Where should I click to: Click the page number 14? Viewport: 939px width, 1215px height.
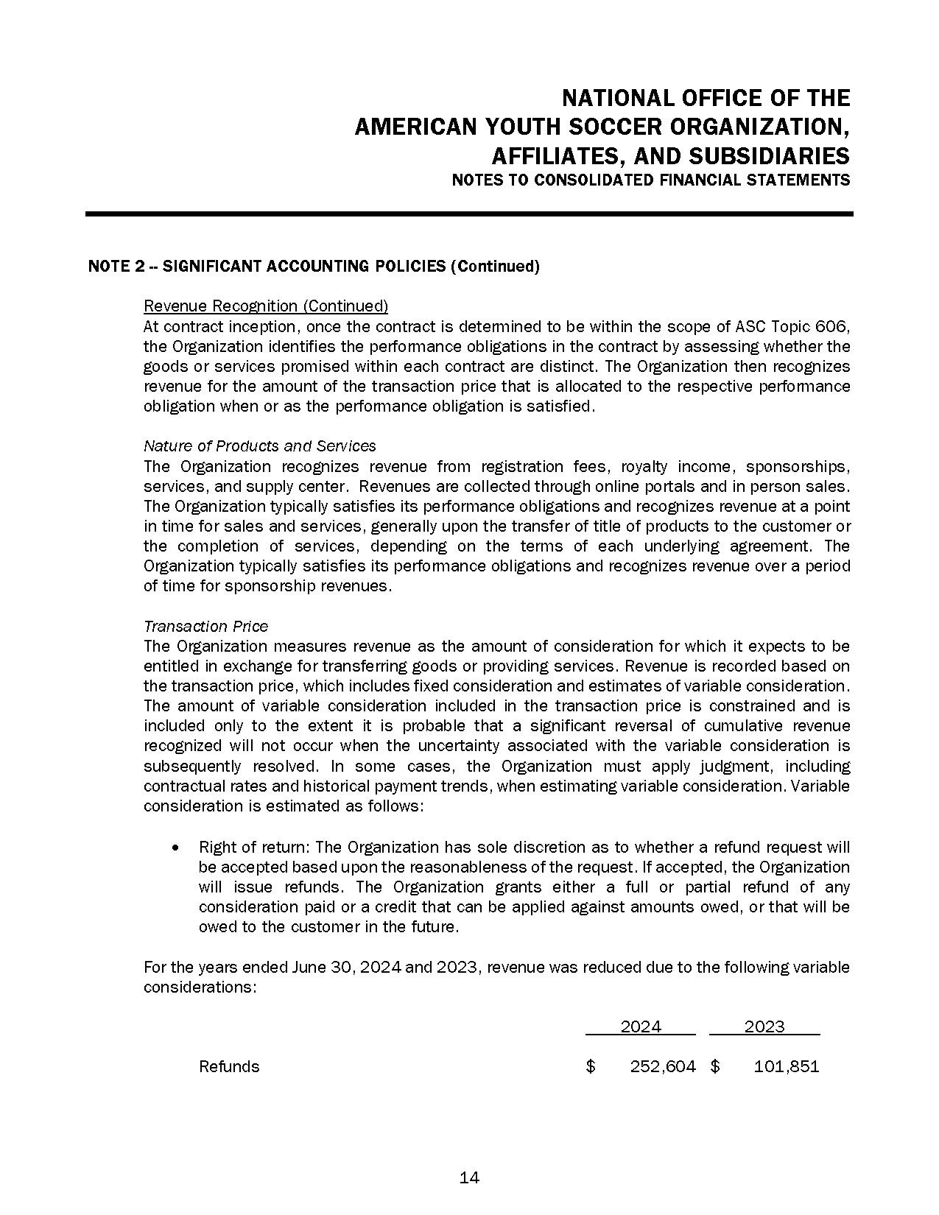[x=469, y=1177]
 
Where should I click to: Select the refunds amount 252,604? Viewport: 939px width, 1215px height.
[x=663, y=1066]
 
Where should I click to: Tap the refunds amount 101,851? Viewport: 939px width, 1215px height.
[x=786, y=1066]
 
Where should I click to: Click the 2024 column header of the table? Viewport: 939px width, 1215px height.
[x=641, y=1026]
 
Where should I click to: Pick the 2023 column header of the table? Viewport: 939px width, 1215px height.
[x=764, y=1026]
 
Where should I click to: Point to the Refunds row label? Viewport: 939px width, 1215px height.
[x=229, y=1066]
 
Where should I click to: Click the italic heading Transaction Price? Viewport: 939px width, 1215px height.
[x=205, y=626]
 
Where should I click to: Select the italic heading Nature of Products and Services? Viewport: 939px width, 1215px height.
[x=259, y=445]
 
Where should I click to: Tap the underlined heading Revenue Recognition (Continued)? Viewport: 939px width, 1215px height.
[x=266, y=306]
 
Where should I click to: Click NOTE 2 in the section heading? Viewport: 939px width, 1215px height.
[x=116, y=267]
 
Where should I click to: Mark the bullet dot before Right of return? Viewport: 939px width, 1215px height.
[x=175, y=848]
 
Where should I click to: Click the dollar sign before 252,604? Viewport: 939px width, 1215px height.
[x=591, y=1066]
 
